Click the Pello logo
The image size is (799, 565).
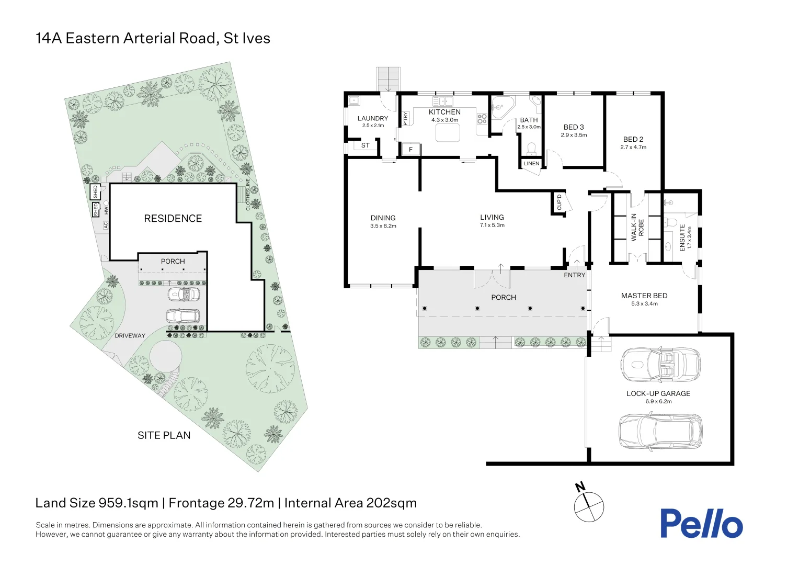[x=701, y=523]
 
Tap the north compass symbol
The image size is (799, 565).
[x=589, y=506]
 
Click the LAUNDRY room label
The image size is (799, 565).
[x=373, y=119]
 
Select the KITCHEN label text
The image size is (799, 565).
[x=444, y=112]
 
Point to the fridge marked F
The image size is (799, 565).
[x=411, y=150]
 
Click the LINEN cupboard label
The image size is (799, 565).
[x=531, y=164]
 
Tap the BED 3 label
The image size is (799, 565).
[x=574, y=127]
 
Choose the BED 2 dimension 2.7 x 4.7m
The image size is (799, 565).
[x=633, y=148]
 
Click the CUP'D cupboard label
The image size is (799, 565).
[x=559, y=202]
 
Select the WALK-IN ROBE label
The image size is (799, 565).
[x=637, y=227]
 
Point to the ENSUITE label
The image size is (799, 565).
[x=682, y=238]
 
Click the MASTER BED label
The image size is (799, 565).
[x=644, y=296]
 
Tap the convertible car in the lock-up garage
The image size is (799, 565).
[x=660, y=364]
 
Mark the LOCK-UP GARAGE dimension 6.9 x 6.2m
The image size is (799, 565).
[x=658, y=402]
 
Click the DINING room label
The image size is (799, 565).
[x=383, y=218]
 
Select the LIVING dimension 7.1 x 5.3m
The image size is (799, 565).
[x=492, y=225]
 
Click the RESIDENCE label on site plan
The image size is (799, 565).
[x=173, y=219]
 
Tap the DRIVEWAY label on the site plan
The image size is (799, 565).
[x=130, y=336]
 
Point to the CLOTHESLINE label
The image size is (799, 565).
[x=248, y=195]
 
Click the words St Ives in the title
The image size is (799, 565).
[x=247, y=38]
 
